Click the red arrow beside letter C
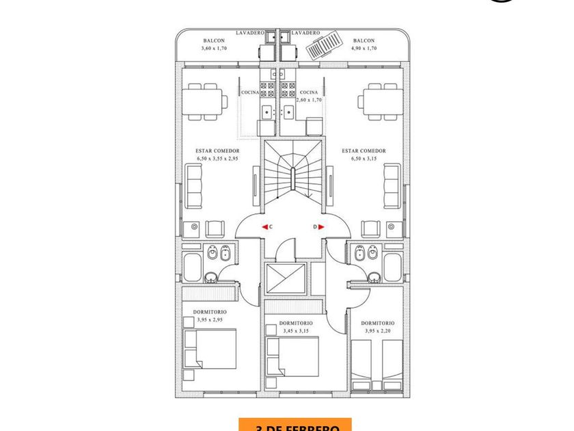pos(264,226)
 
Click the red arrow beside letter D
pos(320,226)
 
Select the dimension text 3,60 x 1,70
pos(214,49)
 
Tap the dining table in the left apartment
pos(203,102)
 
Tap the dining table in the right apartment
pos(381,102)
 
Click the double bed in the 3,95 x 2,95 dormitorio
pos(212,349)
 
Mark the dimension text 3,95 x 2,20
pos(378,330)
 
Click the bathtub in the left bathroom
pos(192,267)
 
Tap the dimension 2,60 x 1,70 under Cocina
pos(309,100)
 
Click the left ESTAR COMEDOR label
pos(217,151)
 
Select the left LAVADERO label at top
pos(250,33)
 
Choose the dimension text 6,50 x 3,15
pos(364,159)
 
